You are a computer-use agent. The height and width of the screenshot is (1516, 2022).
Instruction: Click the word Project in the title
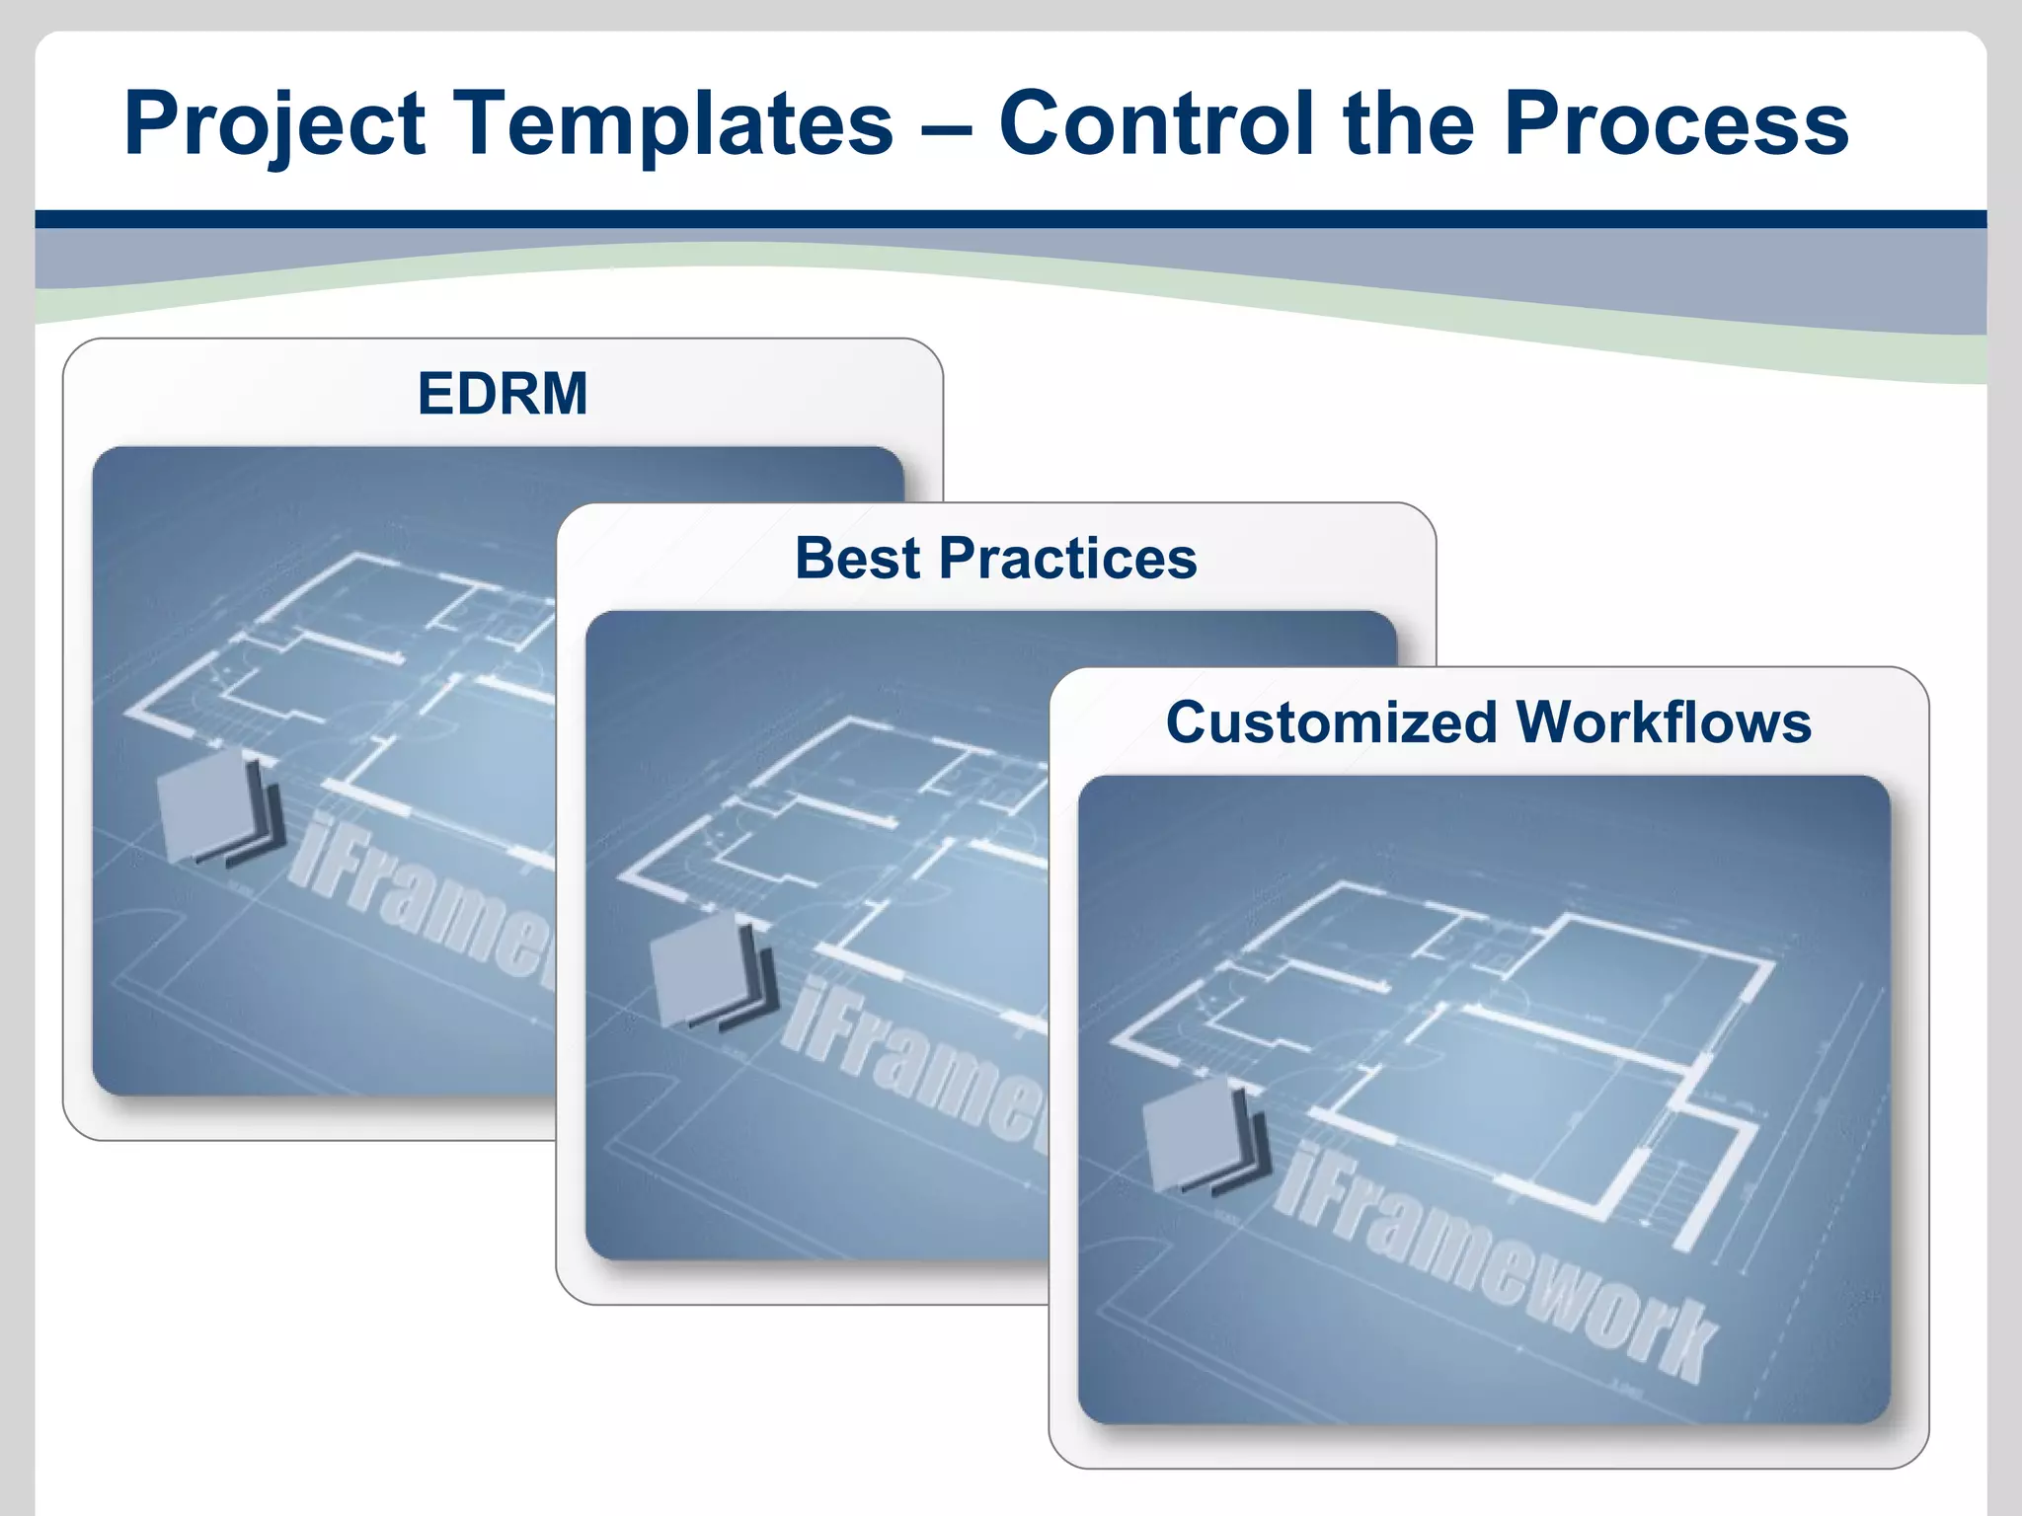[x=274, y=125]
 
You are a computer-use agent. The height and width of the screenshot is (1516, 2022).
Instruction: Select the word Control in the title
[x=1157, y=125]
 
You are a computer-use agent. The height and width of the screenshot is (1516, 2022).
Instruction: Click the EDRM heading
[x=503, y=394]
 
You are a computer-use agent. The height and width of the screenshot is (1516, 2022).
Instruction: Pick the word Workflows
[x=1664, y=722]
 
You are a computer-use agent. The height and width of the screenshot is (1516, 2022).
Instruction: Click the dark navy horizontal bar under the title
[x=1011, y=219]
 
